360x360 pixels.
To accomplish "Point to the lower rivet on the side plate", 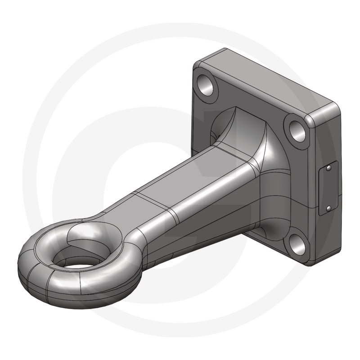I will click(328, 208).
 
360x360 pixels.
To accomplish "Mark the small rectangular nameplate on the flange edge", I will click(325, 188).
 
